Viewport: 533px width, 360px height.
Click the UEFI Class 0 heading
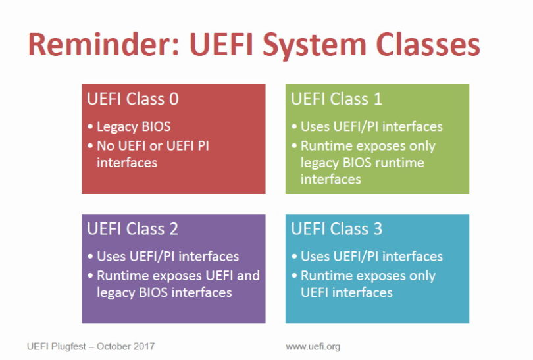(133, 99)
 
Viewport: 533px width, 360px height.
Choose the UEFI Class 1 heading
(336, 99)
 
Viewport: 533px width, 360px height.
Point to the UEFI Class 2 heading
(133, 229)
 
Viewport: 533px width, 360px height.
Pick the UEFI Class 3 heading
(336, 229)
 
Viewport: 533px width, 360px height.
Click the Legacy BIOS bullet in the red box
(133, 126)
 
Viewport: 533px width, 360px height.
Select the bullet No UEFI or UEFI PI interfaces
(153, 153)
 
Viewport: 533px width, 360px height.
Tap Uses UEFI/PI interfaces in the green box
(371, 126)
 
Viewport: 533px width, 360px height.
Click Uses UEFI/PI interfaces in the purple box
(167, 256)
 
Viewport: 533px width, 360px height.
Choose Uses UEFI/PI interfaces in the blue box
(371, 256)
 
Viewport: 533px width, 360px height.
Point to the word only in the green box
(421, 145)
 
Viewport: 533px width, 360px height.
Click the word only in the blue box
(421, 275)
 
